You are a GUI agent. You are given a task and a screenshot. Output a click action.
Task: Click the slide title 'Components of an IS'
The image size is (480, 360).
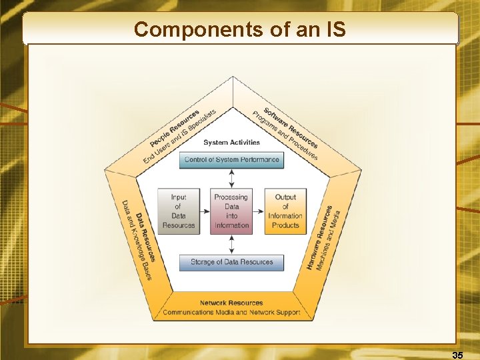(240, 29)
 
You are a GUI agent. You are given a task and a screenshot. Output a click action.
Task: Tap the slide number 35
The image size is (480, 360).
(457, 355)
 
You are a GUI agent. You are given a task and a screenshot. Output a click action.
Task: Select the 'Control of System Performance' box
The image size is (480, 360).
(231, 160)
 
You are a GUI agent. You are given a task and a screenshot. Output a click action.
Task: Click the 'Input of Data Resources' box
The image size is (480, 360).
(178, 211)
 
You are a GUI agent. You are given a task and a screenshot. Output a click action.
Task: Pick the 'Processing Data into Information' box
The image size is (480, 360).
(231, 211)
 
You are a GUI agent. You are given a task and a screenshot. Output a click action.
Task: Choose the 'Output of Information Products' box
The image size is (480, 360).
(285, 211)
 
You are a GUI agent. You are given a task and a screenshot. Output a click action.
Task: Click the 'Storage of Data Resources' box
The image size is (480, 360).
(231, 262)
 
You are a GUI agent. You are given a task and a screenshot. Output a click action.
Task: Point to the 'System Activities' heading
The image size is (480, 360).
(231, 142)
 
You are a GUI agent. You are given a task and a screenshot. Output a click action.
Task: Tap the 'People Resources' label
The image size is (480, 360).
(175, 129)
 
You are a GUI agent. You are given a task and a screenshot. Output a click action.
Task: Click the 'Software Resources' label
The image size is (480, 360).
(291, 127)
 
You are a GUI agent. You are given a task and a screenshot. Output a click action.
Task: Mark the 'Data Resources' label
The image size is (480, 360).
(146, 237)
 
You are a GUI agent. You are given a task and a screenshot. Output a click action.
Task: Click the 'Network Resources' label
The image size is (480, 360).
(231, 303)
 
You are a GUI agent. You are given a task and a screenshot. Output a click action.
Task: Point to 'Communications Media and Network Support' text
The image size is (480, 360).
(231, 312)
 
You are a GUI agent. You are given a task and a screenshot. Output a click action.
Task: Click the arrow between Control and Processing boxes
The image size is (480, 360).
(231, 179)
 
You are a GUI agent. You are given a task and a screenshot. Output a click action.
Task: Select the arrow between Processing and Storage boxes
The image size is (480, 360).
(231, 243)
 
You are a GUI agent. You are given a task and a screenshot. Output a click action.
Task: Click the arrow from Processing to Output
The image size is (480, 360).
(259, 211)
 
